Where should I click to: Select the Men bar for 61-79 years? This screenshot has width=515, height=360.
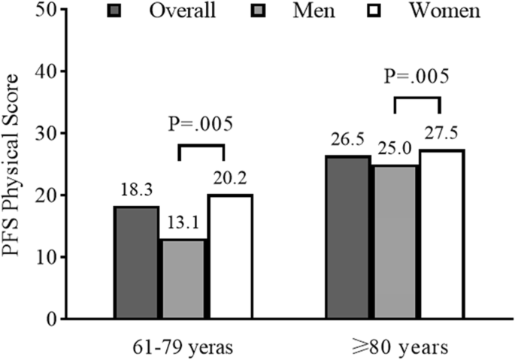(x=183, y=279)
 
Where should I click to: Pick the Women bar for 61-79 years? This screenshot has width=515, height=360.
(x=229, y=256)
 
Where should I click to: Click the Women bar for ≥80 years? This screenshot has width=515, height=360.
(x=441, y=234)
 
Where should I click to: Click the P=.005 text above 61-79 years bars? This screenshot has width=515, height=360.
(x=201, y=124)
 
